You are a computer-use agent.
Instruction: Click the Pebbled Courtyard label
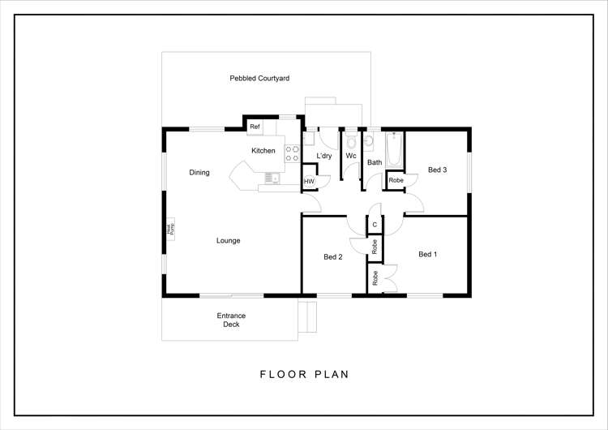click(259, 78)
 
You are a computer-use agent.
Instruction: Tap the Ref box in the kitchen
click(255, 127)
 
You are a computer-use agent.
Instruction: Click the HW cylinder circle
click(309, 181)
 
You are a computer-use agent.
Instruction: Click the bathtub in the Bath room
click(394, 149)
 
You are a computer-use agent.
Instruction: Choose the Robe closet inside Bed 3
click(396, 180)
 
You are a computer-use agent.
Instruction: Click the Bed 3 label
click(438, 170)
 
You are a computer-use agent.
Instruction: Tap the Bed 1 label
click(427, 254)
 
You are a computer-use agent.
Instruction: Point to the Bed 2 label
click(333, 257)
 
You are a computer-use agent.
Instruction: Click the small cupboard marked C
click(375, 224)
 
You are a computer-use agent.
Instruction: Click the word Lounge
click(228, 240)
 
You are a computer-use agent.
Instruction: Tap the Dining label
click(199, 172)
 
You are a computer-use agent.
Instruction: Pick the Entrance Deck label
click(231, 320)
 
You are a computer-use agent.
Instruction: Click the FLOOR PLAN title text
click(304, 375)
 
